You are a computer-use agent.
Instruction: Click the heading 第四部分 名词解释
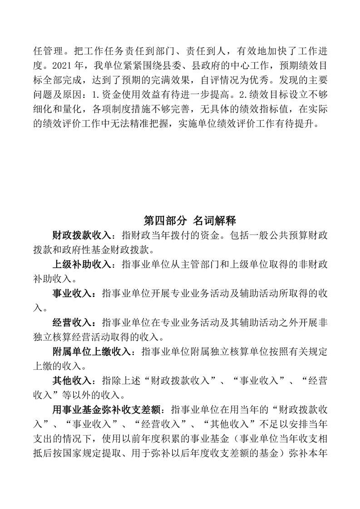click(x=189, y=221)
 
